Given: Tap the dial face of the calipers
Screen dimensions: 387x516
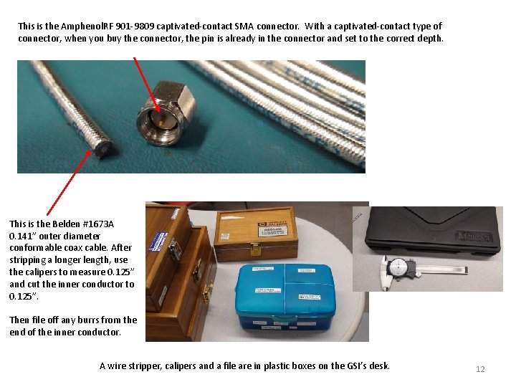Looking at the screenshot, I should click(x=397, y=269).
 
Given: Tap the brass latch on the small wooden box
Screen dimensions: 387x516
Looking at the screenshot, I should click(x=257, y=249).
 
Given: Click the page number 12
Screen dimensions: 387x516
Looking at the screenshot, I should click(x=480, y=369).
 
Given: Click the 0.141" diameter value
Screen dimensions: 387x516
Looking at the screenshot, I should click(x=23, y=236).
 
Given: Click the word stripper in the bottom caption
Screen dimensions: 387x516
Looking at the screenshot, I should click(x=142, y=366).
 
